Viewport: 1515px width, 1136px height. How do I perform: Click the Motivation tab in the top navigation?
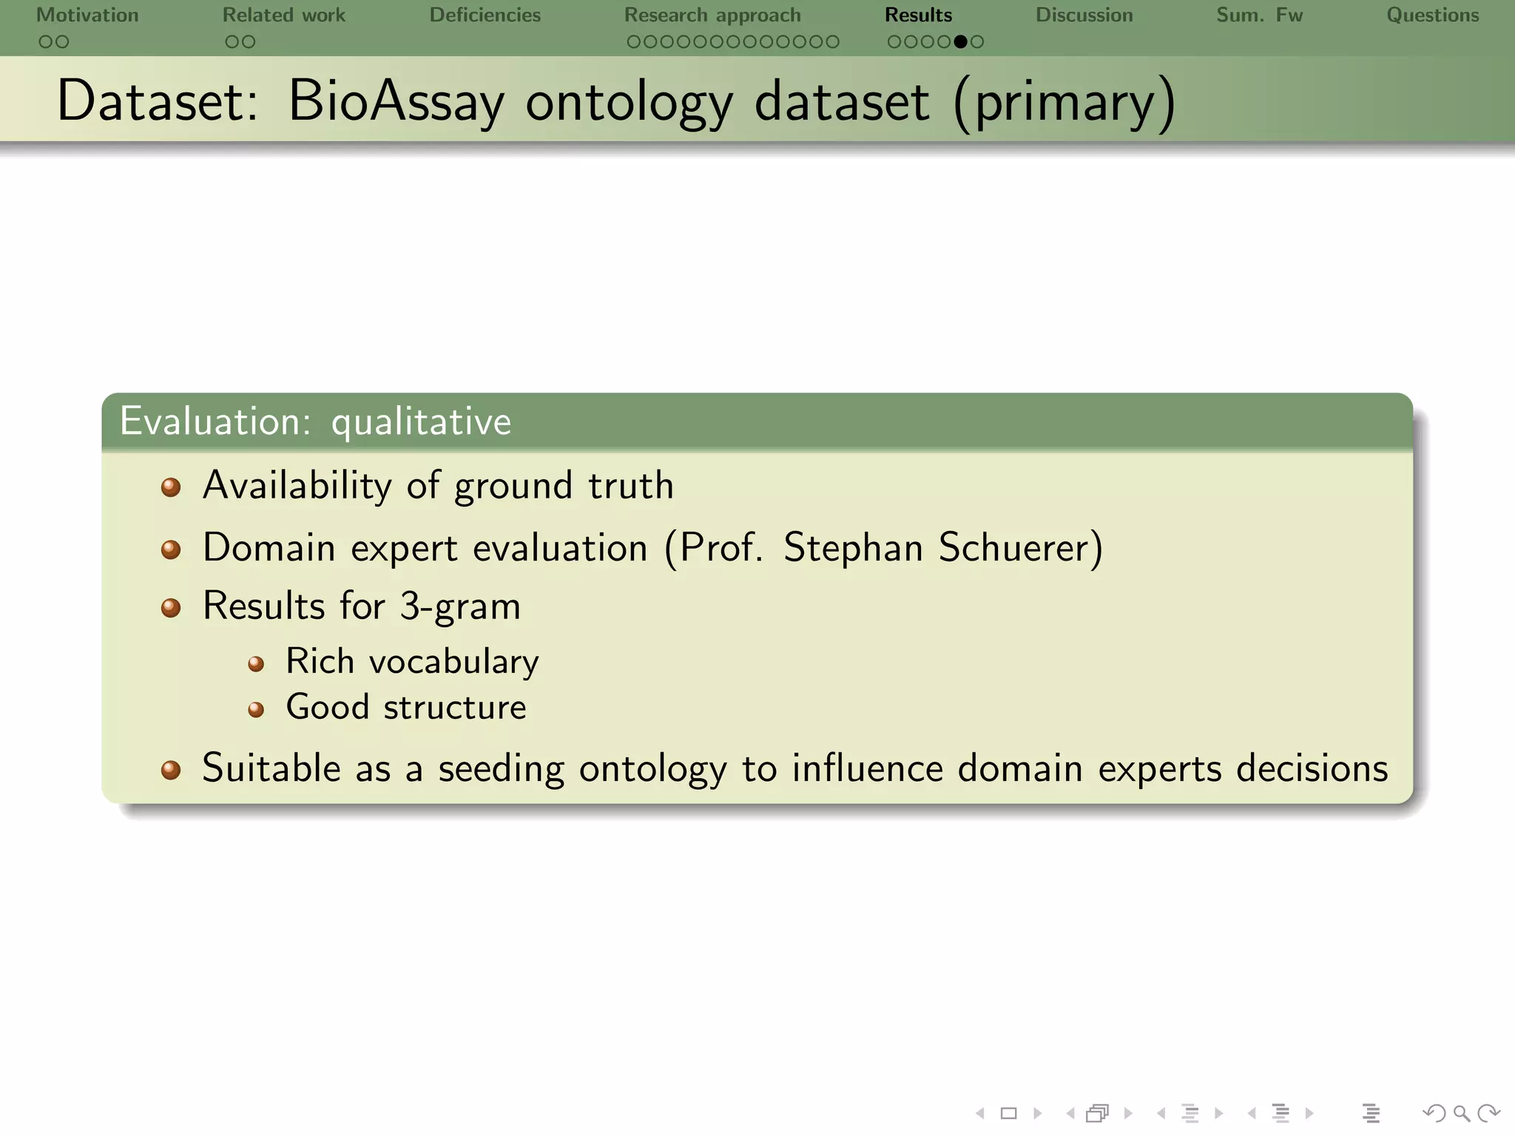87,15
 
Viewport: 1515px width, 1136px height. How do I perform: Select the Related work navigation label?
283,15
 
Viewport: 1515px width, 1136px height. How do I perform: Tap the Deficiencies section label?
485,15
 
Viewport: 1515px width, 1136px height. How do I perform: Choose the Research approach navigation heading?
712,15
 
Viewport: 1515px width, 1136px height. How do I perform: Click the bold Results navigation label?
918,15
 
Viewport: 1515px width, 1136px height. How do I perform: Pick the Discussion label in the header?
1084,15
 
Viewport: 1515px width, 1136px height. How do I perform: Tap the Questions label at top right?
1432,15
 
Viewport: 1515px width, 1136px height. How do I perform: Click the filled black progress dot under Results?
960,42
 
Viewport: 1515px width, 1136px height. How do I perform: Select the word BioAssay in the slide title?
396,101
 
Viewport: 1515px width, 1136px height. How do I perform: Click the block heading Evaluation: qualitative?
315,422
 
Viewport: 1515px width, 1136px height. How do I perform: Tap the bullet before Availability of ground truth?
171,487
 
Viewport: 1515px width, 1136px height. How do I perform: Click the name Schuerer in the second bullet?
1019,548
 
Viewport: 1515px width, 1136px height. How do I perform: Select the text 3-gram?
459,606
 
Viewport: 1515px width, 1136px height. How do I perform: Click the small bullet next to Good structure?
256,710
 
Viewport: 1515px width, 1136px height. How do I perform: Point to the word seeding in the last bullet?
501,768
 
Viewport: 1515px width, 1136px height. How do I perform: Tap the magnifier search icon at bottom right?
1461,1113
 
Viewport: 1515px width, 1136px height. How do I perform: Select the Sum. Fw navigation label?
1259,15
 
